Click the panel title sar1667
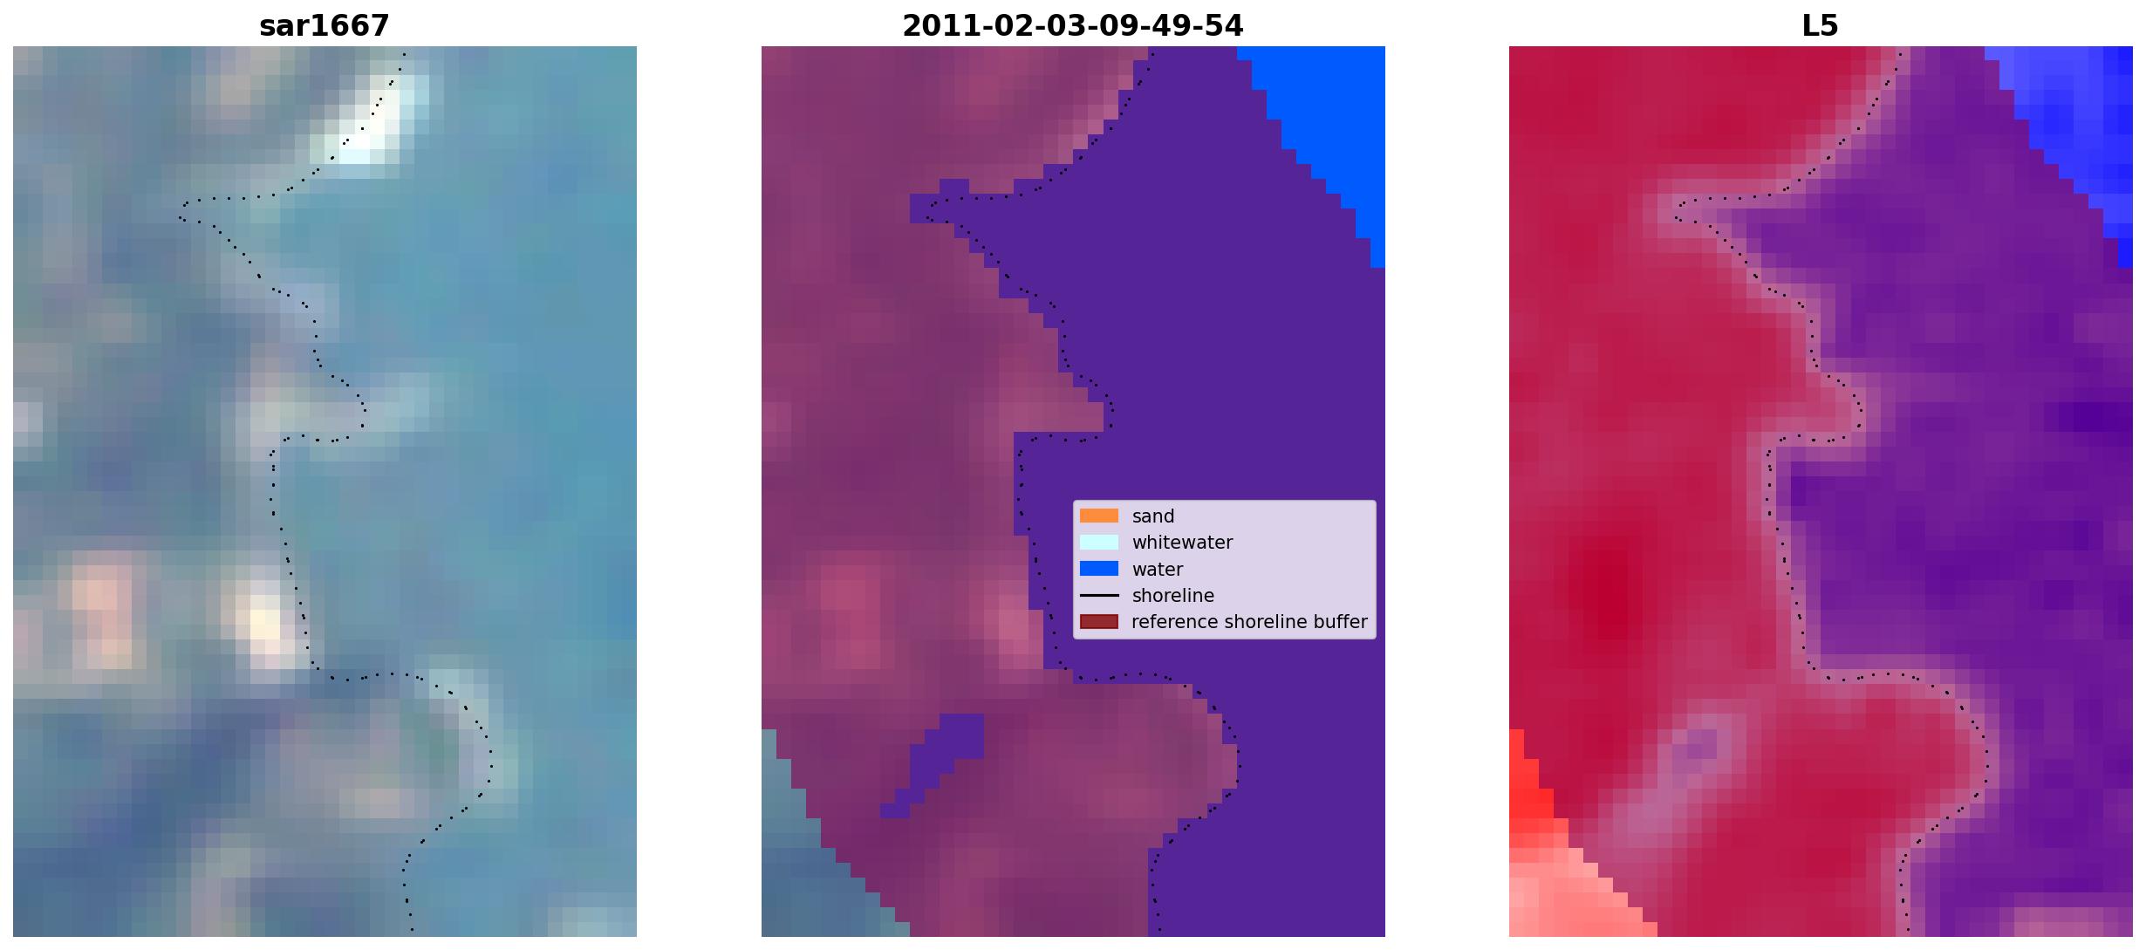click(324, 26)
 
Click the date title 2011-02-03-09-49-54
click(1072, 26)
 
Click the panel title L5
click(1820, 26)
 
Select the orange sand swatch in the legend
click(1099, 516)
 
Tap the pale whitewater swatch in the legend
click(1099, 542)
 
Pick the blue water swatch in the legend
click(1099, 569)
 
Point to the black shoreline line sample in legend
click(1099, 595)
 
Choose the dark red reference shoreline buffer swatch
click(1099, 621)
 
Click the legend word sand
click(1153, 516)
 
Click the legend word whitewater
click(1182, 543)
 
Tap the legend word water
click(1158, 570)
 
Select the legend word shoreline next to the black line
click(1173, 596)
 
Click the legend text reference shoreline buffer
click(1249, 622)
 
